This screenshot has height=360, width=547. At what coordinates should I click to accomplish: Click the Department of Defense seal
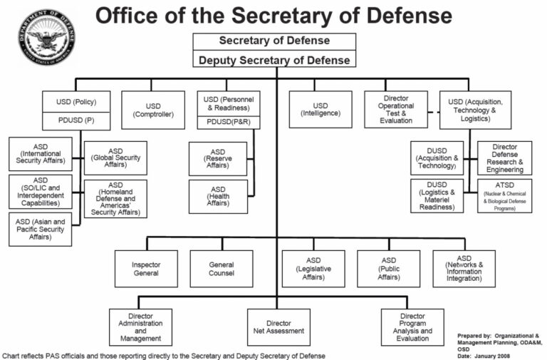pyautogui.click(x=47, y=37)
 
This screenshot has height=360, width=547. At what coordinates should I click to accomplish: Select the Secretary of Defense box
pyautogui.click(x=274, y=41)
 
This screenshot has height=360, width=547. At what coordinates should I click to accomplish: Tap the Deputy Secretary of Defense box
pyautogui.click(x=274, y=59)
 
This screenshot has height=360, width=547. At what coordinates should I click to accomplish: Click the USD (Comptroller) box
pyautogui.click(x=153, y=110)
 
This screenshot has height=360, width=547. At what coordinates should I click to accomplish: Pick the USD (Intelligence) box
pyautogui.click(x=321, y=110)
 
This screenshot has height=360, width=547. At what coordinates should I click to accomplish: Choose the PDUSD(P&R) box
pyautogui.click(x=229, y=123)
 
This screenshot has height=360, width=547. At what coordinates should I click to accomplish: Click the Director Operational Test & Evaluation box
pyautogui.click(x=396, y=110)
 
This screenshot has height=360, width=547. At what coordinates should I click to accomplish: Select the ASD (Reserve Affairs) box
pyautogui.click(x=218, y=158)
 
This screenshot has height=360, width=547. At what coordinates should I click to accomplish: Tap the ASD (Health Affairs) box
pyautogui.click(x=218, y=197)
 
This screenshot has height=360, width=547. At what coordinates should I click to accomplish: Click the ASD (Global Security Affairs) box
pyautogui.click(x=115, y=158)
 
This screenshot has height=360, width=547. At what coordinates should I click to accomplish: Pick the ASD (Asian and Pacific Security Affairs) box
pyautogui.click(x=41, y=229)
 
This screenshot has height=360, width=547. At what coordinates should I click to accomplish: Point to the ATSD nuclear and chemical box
pyautogui.click(x=505, y=196)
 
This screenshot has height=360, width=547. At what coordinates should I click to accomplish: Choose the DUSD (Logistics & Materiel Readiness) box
pyautogui.click(x=437, y=196)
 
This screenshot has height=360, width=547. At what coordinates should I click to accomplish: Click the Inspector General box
pyautogui.click(x=146, y=269)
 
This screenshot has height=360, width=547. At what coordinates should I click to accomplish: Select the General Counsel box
pyautogui.click(x=222, y=269)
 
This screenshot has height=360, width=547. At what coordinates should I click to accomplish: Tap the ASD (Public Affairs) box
pyautogui.click(x=389, y=269)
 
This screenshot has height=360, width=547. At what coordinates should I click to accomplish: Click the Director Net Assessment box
pyautogui.click(x=278, y=327)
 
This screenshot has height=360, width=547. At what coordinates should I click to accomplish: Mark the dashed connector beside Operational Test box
pyautogui.click(x=434, y=112)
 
